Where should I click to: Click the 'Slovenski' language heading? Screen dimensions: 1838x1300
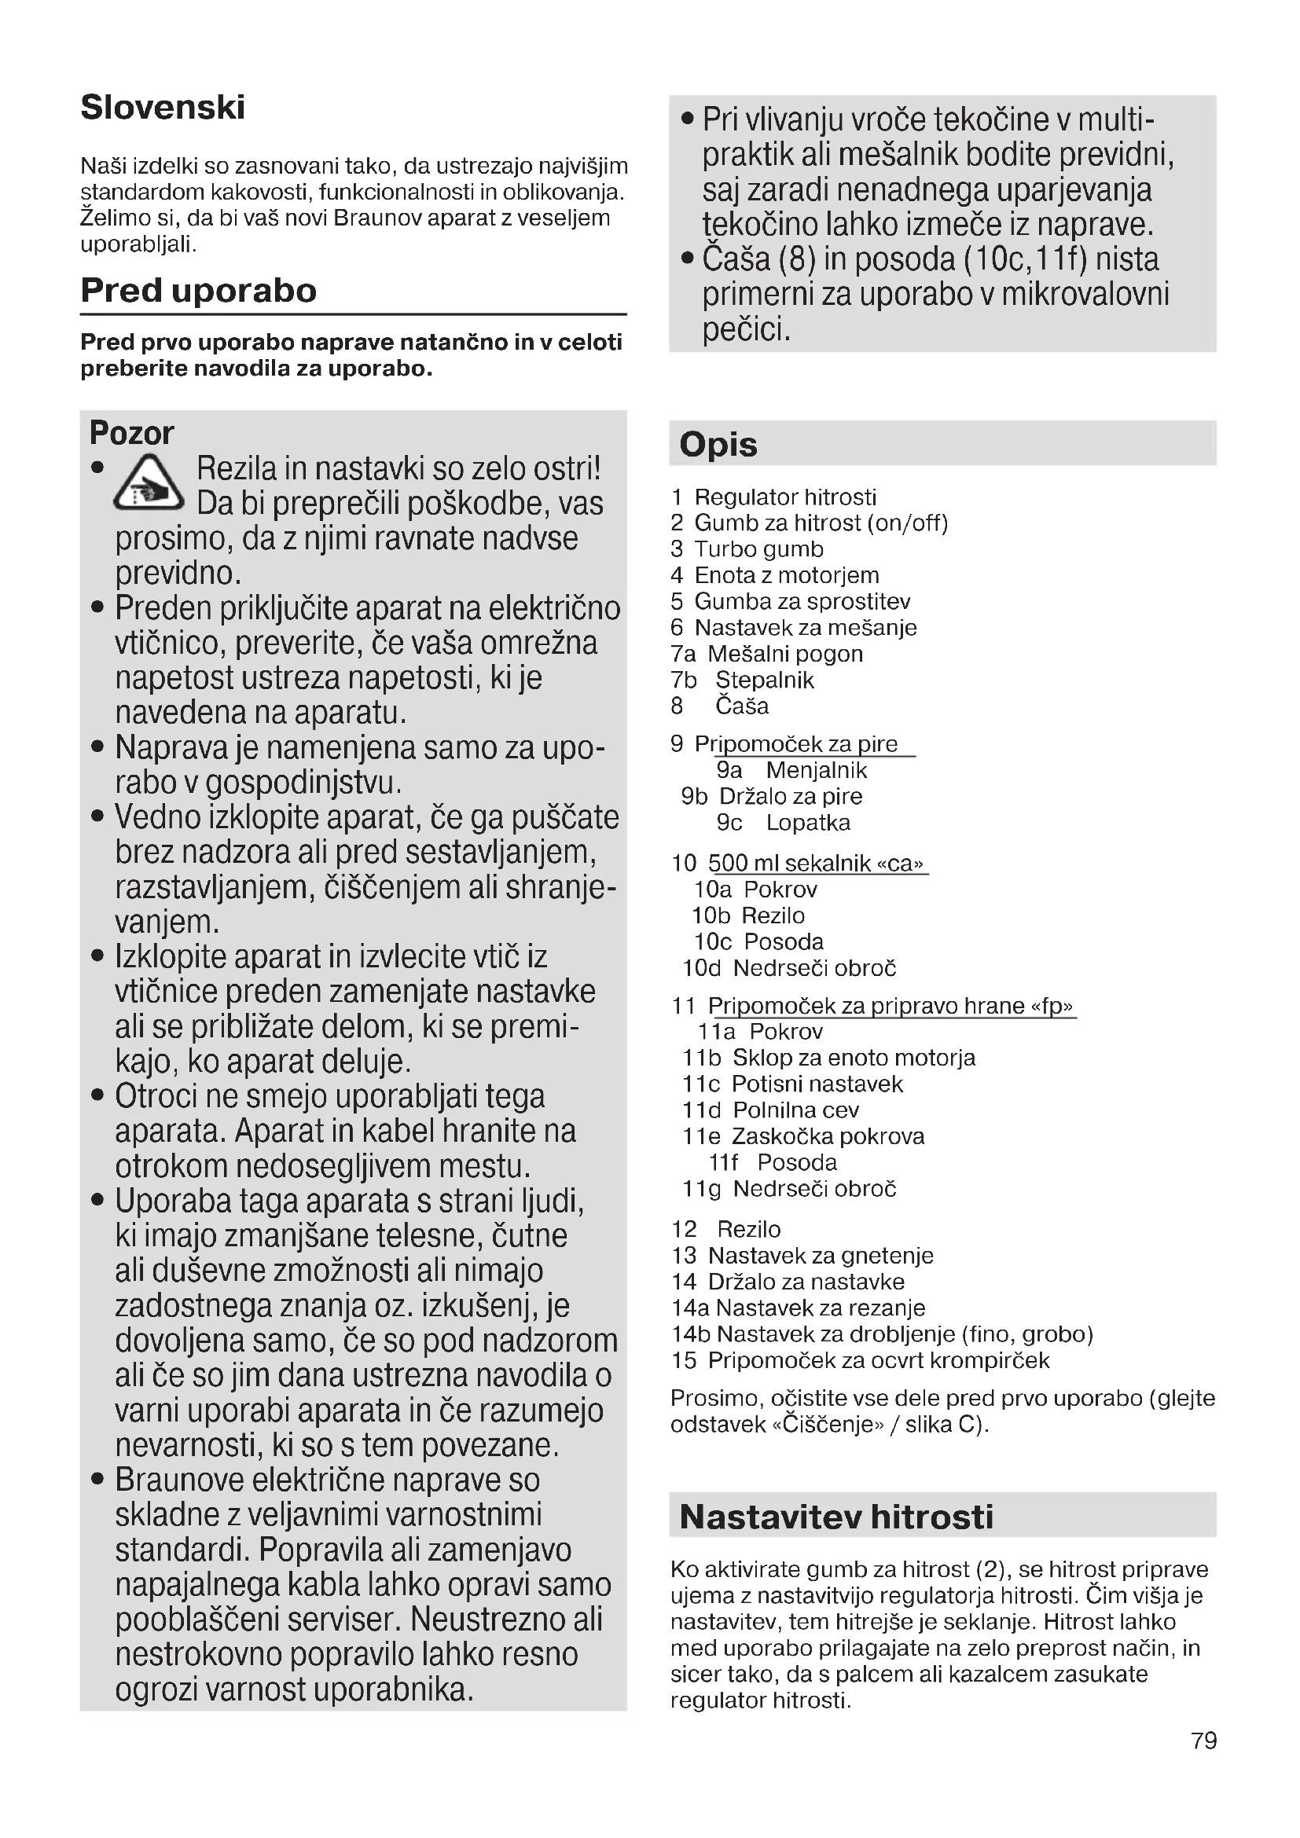click(163, 108)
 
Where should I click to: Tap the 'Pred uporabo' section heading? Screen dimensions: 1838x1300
click(199, 290)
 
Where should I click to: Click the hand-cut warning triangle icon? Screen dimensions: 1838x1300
click(148, 483)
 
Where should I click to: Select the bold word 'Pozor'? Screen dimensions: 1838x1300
click(131, 433)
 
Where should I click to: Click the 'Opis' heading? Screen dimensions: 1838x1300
click(718, 444)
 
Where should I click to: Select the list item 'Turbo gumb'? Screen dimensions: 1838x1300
click(758, 549)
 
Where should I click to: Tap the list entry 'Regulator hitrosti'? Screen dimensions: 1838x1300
click(784, 497)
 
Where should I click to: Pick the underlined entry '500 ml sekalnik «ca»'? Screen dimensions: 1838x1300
click(815, 863)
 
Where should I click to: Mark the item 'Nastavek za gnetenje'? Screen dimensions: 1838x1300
click(821, 1255)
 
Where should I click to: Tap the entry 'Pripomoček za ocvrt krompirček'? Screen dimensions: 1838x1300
click(878, 1360)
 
